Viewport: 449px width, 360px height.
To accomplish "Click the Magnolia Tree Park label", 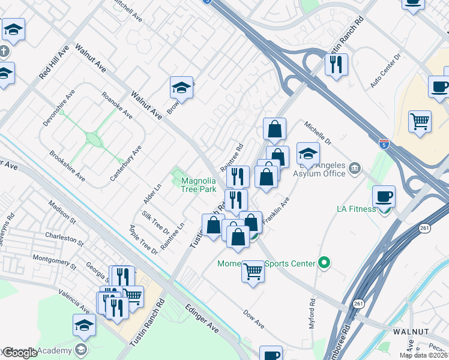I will coord(199,185).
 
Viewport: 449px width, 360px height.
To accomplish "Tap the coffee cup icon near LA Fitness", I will coord(384,196).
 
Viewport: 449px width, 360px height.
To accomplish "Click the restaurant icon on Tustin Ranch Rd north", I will coord(336,64).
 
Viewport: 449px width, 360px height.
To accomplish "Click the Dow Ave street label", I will coord(254,319).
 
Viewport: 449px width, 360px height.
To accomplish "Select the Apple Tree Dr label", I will coord(143,240).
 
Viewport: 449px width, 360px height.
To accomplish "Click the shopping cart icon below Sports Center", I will coord(253,272).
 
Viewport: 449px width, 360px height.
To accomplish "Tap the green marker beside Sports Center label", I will coord(325,262).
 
